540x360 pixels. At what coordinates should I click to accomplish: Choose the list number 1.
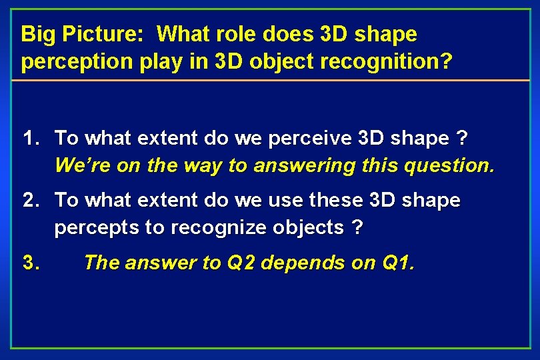pos(31,139)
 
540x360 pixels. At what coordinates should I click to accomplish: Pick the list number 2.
pos(31,200)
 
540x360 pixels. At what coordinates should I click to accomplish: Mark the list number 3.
pos(31,263)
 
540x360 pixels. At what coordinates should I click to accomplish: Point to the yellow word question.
pos(453,165)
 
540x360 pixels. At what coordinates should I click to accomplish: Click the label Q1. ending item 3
pos(397,263)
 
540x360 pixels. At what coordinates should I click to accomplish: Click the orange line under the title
pos(270,80)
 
